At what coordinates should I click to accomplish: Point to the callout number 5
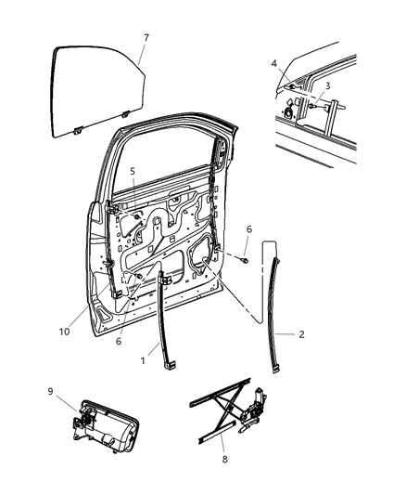[133, 171]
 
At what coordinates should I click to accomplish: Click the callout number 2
[302, 332]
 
